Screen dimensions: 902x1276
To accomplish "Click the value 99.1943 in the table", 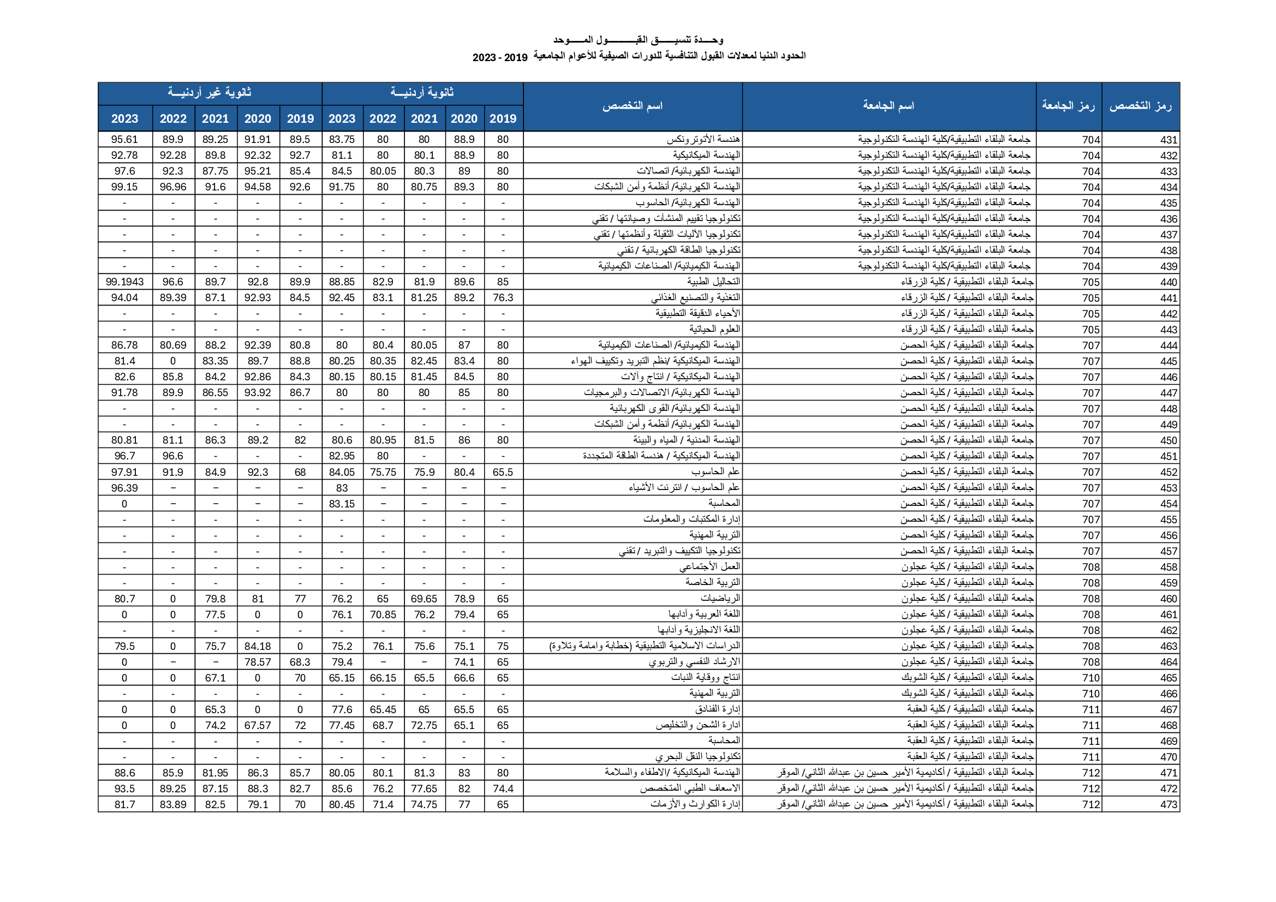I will (x=124, y=282).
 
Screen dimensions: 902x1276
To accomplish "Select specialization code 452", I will (x=1168, y=473).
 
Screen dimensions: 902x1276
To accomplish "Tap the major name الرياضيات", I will (x=720, y=599).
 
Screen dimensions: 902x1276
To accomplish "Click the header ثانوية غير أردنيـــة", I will (x=210, y=93).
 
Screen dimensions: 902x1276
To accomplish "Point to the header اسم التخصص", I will (x=633, y=106).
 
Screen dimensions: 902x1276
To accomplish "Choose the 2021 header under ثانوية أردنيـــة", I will (x=424, y=118).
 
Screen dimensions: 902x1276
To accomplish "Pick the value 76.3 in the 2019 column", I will (x=503, y=298).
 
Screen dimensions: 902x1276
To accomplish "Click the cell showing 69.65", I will (x=424, y=599).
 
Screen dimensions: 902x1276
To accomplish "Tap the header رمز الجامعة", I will (x=1068, y=106).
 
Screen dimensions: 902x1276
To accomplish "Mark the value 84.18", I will (x=257, y=646).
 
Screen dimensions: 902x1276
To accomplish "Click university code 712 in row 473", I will (x=1090, y=805).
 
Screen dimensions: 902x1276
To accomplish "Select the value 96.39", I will (x=124, y=488).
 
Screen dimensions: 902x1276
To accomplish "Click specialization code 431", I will (x=1168, y=140).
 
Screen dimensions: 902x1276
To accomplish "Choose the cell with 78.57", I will (x=257, y=662).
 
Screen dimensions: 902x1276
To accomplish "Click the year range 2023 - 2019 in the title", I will (x=499, y=57).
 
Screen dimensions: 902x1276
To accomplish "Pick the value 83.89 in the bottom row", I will (x=173, y=805).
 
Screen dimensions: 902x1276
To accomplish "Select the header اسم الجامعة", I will (x=888, y=106).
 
